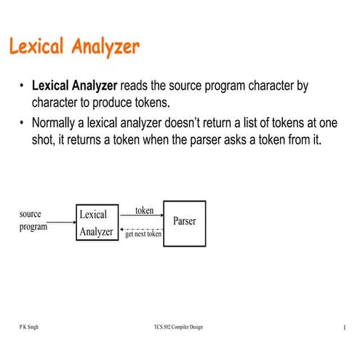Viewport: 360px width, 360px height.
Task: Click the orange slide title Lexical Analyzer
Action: click(73, 47)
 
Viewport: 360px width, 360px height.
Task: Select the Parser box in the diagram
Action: click(184, 220)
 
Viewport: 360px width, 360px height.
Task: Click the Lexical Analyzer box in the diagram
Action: click(97, 223)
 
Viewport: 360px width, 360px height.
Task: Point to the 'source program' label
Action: click(33, 220)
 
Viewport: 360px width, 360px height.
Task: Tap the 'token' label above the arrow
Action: click(145, 211)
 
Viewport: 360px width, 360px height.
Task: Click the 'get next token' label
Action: click(143, 234)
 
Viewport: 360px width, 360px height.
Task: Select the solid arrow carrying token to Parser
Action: click(140, 217)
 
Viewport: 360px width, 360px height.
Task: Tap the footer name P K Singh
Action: click(29, 327)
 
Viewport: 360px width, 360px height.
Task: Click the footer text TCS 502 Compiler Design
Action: click(174, 327)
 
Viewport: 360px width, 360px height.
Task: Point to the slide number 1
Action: click(342, 328)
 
